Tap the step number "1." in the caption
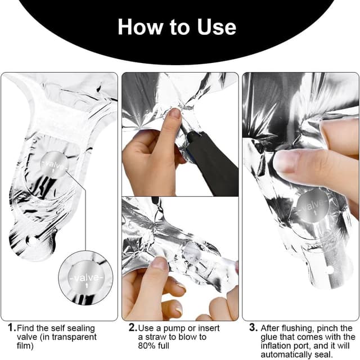click(x=12, y=327)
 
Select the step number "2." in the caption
click(x=133, y=327)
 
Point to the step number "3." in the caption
click(x=253, y=327)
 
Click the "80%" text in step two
click(x=146, y=345)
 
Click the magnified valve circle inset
click(x=85, y=278)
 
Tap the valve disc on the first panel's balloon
click(x=55, y=164)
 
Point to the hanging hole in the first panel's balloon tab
click(x=31, y=241)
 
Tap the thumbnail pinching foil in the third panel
click(x=286, y=161)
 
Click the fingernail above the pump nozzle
click(x=174, y=113)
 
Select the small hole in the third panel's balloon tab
click(x=330, y=271)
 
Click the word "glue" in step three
click(x=268, y=337)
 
